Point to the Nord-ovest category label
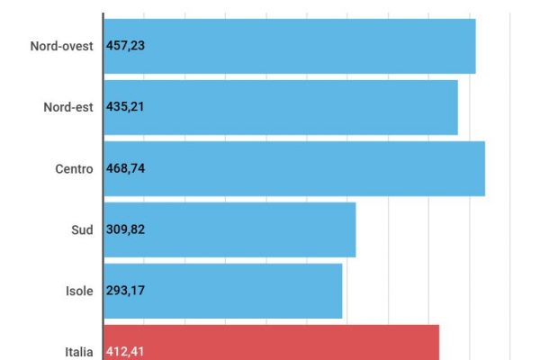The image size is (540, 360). (61, 46)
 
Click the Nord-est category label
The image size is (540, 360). (68, 107)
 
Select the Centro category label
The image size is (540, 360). (74, 168)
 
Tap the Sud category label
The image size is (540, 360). (82, 229)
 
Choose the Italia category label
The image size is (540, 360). (78, 352)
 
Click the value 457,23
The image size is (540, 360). (125, 46)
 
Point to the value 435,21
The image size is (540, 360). (125, 107)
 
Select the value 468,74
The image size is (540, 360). (125, 168)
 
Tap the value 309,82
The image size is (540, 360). (125, 229)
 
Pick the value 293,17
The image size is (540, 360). (125, 291)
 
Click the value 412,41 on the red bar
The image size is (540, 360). (125, 352)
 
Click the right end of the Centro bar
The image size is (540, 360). (484, 168)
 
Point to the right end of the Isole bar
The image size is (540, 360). (342, 291)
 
